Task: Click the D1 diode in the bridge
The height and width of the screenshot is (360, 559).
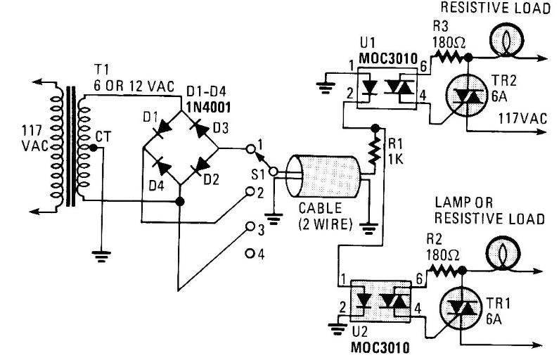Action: click(163, 128)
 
